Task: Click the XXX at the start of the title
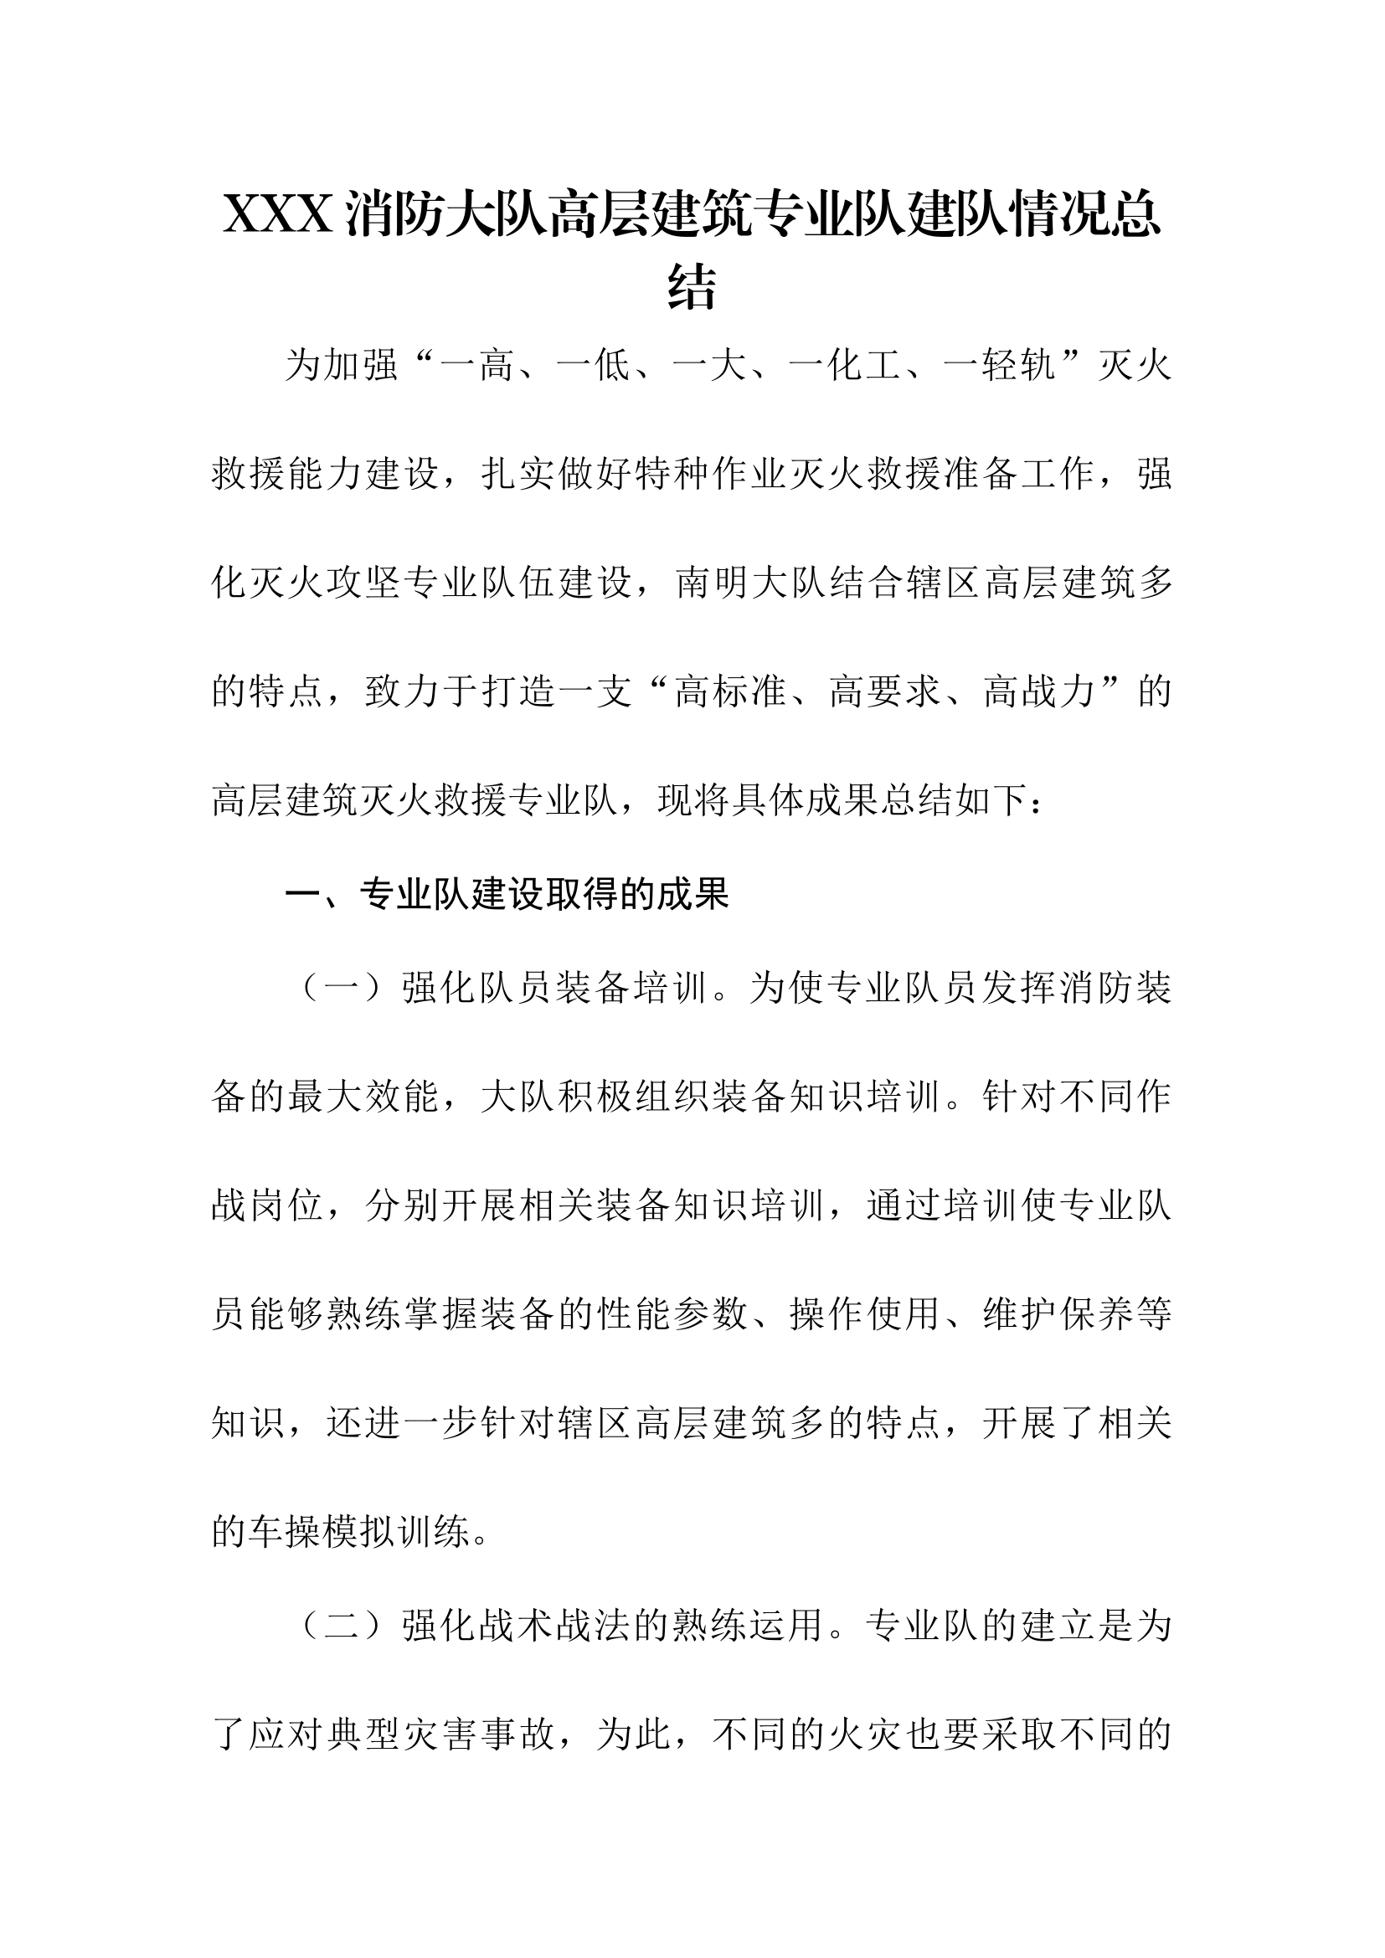tap(277, 214)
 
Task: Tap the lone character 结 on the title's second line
tap(692, 287)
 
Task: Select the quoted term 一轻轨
tap(1001, 366)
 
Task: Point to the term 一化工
tap(845, 366)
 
